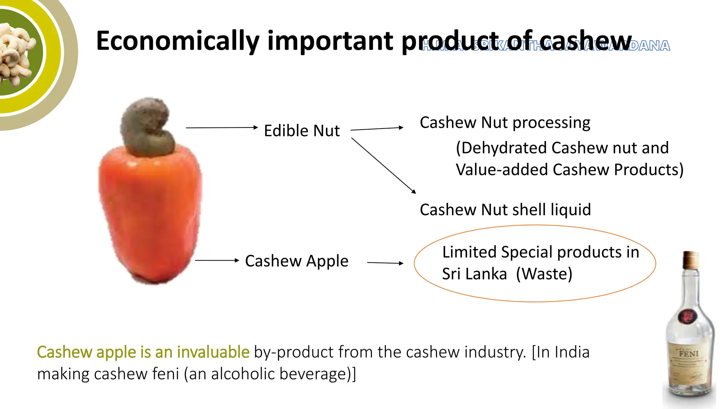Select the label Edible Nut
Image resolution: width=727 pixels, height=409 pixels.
[x=302, y=131]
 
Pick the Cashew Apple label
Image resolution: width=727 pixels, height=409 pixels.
[x=297, y=261]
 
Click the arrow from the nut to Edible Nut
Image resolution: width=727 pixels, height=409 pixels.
[x=222, y=127]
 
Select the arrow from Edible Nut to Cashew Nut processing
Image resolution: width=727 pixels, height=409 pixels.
[x=377, y=129]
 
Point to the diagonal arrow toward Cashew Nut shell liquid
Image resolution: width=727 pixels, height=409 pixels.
[x=383, y=165]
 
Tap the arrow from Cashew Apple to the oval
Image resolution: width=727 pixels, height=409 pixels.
[x=385, y=263]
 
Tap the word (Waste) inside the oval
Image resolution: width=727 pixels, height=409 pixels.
[x=544, y=274]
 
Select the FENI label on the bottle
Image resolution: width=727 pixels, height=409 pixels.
[x=689, y=354]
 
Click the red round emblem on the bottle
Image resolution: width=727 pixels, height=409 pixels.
[x=688, y=316]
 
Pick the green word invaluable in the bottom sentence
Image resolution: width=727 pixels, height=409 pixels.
[x=213, y=352]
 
